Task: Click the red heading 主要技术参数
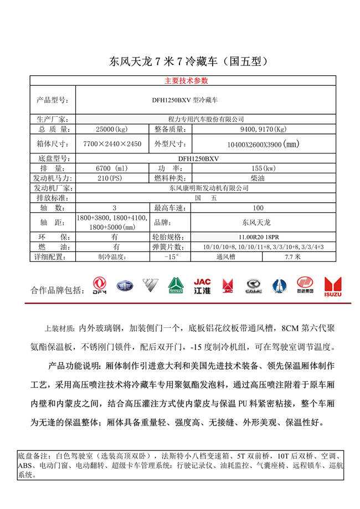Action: pyautogui.click(x=186, y=80)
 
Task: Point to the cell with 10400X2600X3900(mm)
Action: pyautogui.click(x=263, y=145)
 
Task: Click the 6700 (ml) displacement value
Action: pyautogui.click(x=112, y=168)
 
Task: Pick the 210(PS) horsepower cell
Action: pyautogui.click(x=112, y=178)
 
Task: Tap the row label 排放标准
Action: pyautogui.click(x=52, y=198)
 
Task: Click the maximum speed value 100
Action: pyautogui.click(x=258, y=208)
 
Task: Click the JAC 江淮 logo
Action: pyautogui.click(x=202, y=285)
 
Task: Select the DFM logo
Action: pyautogui.click(x=100, y=285)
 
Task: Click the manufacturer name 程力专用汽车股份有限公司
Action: pyautogui.click(x=205, y=119)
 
